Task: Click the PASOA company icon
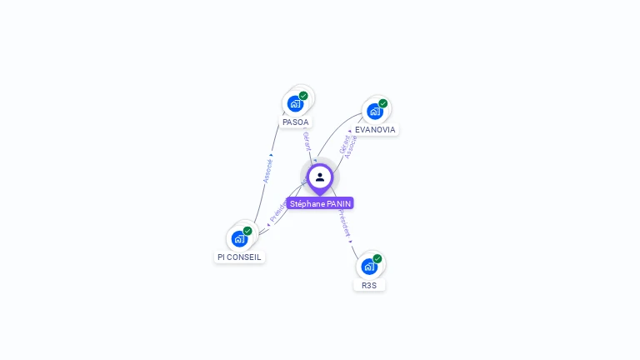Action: [295, 103]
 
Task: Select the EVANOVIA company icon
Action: [375, 111]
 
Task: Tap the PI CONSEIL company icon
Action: [239, 238]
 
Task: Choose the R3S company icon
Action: [369, 267]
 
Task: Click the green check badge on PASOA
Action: [303, 96]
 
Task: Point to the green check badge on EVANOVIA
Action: [383, 103]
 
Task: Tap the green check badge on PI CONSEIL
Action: [247, 231]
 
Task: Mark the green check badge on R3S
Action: [377, 259]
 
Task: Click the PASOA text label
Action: [295, 122]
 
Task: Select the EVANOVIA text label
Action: [375, 129]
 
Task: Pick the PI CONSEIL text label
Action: [239, 257]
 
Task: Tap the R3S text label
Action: [369, 285]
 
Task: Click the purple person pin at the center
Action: [320, 177]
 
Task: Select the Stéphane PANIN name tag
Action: [320, 203]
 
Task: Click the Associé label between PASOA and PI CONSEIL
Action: [268, 170]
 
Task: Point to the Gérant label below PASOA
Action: [307, 141]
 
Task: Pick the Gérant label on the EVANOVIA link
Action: [343, 143]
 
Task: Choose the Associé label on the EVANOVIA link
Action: [352, 147]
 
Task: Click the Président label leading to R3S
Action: [344, 223]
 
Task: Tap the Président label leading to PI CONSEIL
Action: [277, 210]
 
